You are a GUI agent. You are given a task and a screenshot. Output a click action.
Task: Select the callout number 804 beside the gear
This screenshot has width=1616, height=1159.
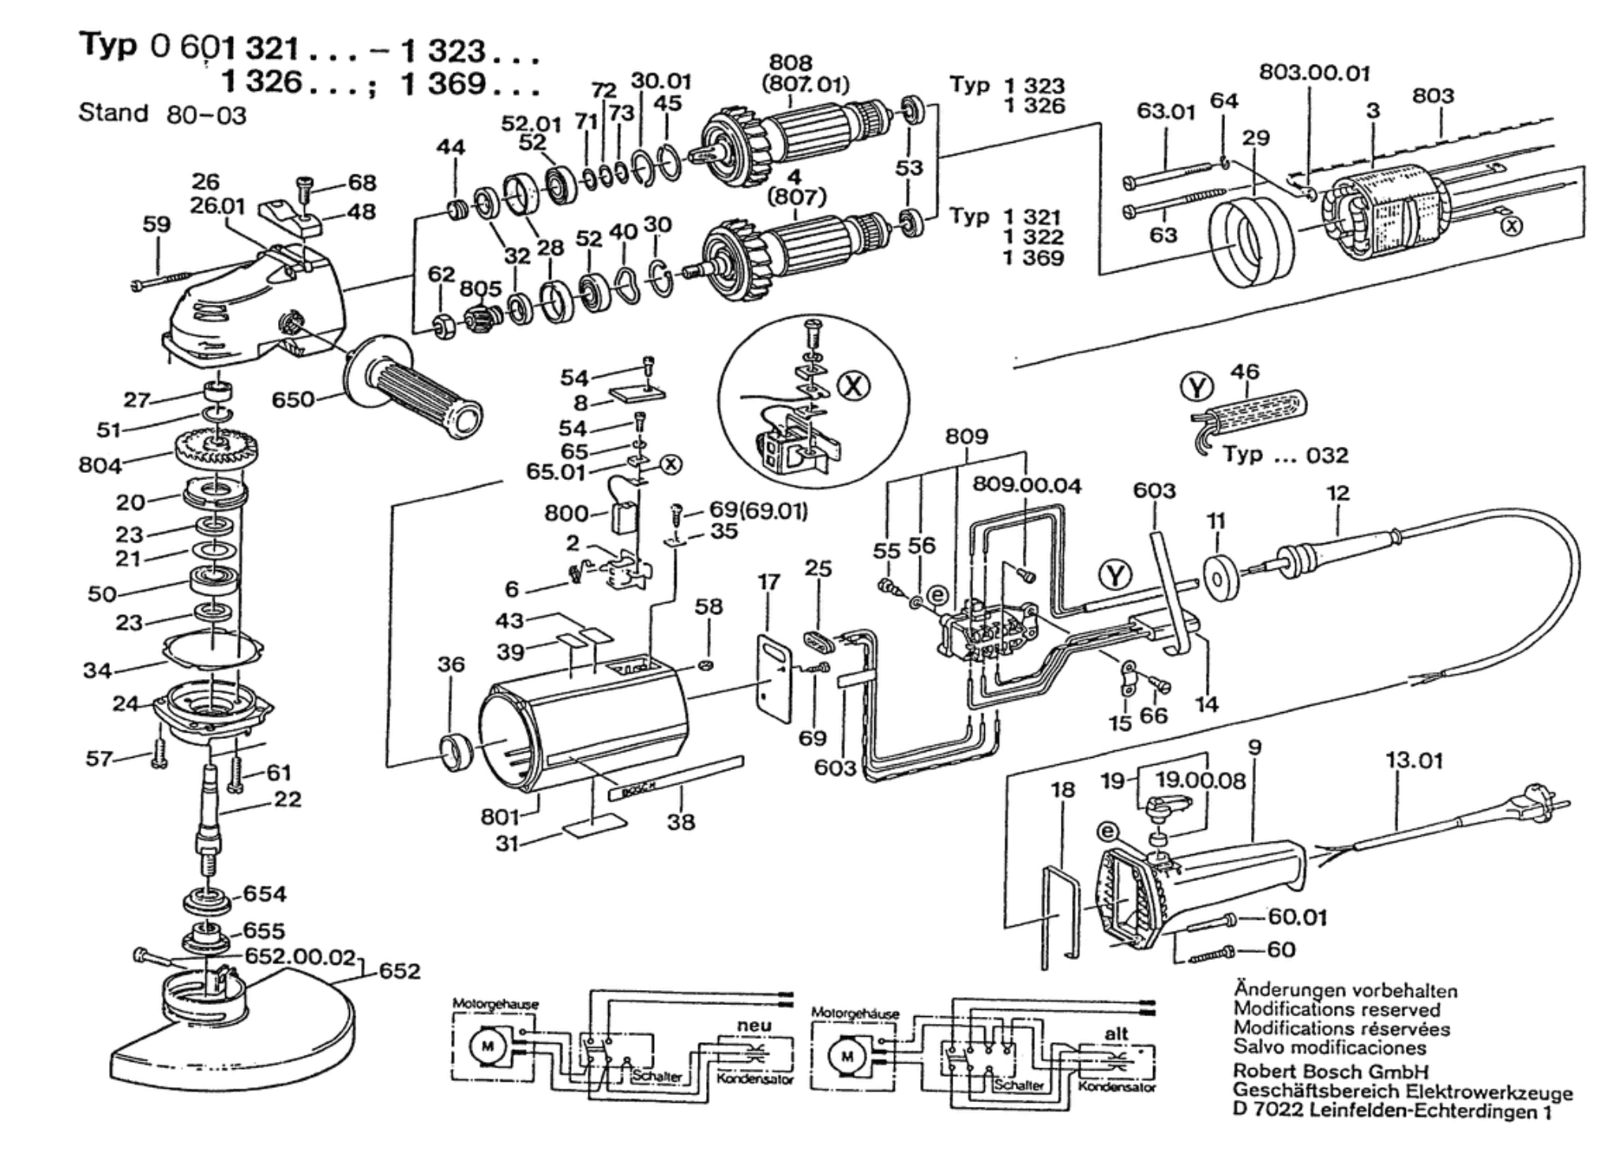[100, 465]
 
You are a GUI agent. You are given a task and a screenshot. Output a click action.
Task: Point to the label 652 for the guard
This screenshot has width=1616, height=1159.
[400, 970]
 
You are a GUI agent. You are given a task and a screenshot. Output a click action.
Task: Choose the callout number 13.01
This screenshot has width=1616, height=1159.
[1414, 760]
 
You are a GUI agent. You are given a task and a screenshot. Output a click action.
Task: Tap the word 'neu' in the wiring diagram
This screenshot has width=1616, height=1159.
[754, 1025]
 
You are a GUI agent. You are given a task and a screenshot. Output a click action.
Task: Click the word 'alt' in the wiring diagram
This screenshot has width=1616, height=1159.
[1116, 1033]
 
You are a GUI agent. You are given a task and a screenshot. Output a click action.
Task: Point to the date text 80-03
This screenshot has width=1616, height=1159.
[207, 116]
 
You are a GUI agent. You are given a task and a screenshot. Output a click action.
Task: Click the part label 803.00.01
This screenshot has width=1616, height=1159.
[1314, 73]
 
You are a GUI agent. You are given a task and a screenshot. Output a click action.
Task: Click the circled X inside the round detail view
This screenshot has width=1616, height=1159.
[854, 385]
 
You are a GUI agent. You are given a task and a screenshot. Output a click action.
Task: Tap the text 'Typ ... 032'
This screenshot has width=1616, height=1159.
[1285, 456]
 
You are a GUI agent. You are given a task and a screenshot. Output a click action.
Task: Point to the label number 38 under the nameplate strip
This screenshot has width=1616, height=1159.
[681, 822]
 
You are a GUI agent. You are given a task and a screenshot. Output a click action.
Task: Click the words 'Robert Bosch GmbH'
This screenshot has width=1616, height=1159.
[1331, 1072]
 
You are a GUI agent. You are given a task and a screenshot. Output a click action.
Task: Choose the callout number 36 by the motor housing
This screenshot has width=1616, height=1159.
[451, 664]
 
